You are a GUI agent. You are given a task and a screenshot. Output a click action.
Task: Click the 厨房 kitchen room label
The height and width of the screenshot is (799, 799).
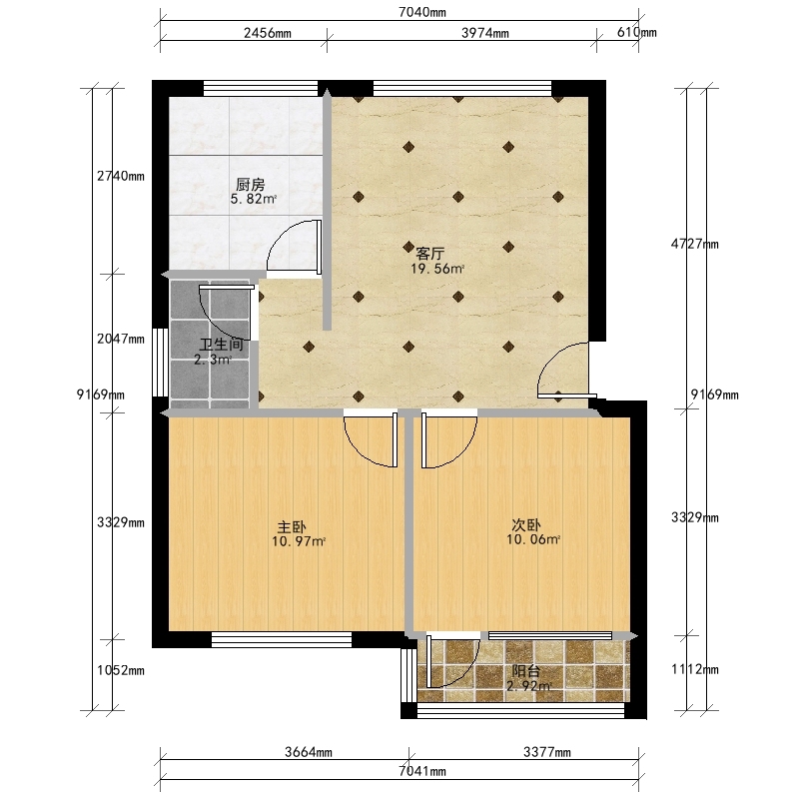click(251, 184)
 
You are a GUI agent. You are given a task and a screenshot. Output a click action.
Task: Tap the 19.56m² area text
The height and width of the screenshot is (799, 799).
click(437, 269)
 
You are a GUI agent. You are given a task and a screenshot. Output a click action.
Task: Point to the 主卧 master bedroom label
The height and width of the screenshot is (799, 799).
click(292, 526)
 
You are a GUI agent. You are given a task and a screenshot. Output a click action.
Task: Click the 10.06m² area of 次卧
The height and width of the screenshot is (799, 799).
click(533, 539)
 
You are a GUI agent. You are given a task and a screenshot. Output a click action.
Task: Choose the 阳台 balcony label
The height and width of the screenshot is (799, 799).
click(526, 671)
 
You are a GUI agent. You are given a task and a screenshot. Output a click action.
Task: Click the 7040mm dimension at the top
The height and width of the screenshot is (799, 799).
click(421, 12)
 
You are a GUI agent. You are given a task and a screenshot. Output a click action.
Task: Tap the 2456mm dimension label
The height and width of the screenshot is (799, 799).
click(268, 33)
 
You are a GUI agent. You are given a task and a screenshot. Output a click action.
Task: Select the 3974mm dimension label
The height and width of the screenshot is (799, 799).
click(485, 33)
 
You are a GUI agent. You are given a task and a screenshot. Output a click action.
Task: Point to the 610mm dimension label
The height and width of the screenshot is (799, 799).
click(637, 32)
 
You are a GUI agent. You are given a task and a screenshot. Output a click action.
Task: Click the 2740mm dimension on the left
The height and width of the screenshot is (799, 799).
click(121, 177)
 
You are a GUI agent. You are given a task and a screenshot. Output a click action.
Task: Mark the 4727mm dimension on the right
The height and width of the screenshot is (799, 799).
click(694, 244)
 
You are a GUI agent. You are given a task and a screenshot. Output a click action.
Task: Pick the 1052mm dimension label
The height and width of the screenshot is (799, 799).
click(121, 670)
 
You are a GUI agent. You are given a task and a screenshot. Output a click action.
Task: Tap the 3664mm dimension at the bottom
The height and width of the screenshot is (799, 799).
click(309, 752)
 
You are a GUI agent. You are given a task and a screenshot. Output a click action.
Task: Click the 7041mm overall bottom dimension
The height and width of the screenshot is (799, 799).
click(421, 771)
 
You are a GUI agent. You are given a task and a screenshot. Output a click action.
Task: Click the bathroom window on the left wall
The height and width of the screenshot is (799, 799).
click(161, 363)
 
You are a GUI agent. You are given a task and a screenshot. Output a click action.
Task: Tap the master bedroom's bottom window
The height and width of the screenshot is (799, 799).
click(282, 639)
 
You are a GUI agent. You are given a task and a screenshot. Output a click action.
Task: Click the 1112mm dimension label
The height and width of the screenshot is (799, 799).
click(694, 669)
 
